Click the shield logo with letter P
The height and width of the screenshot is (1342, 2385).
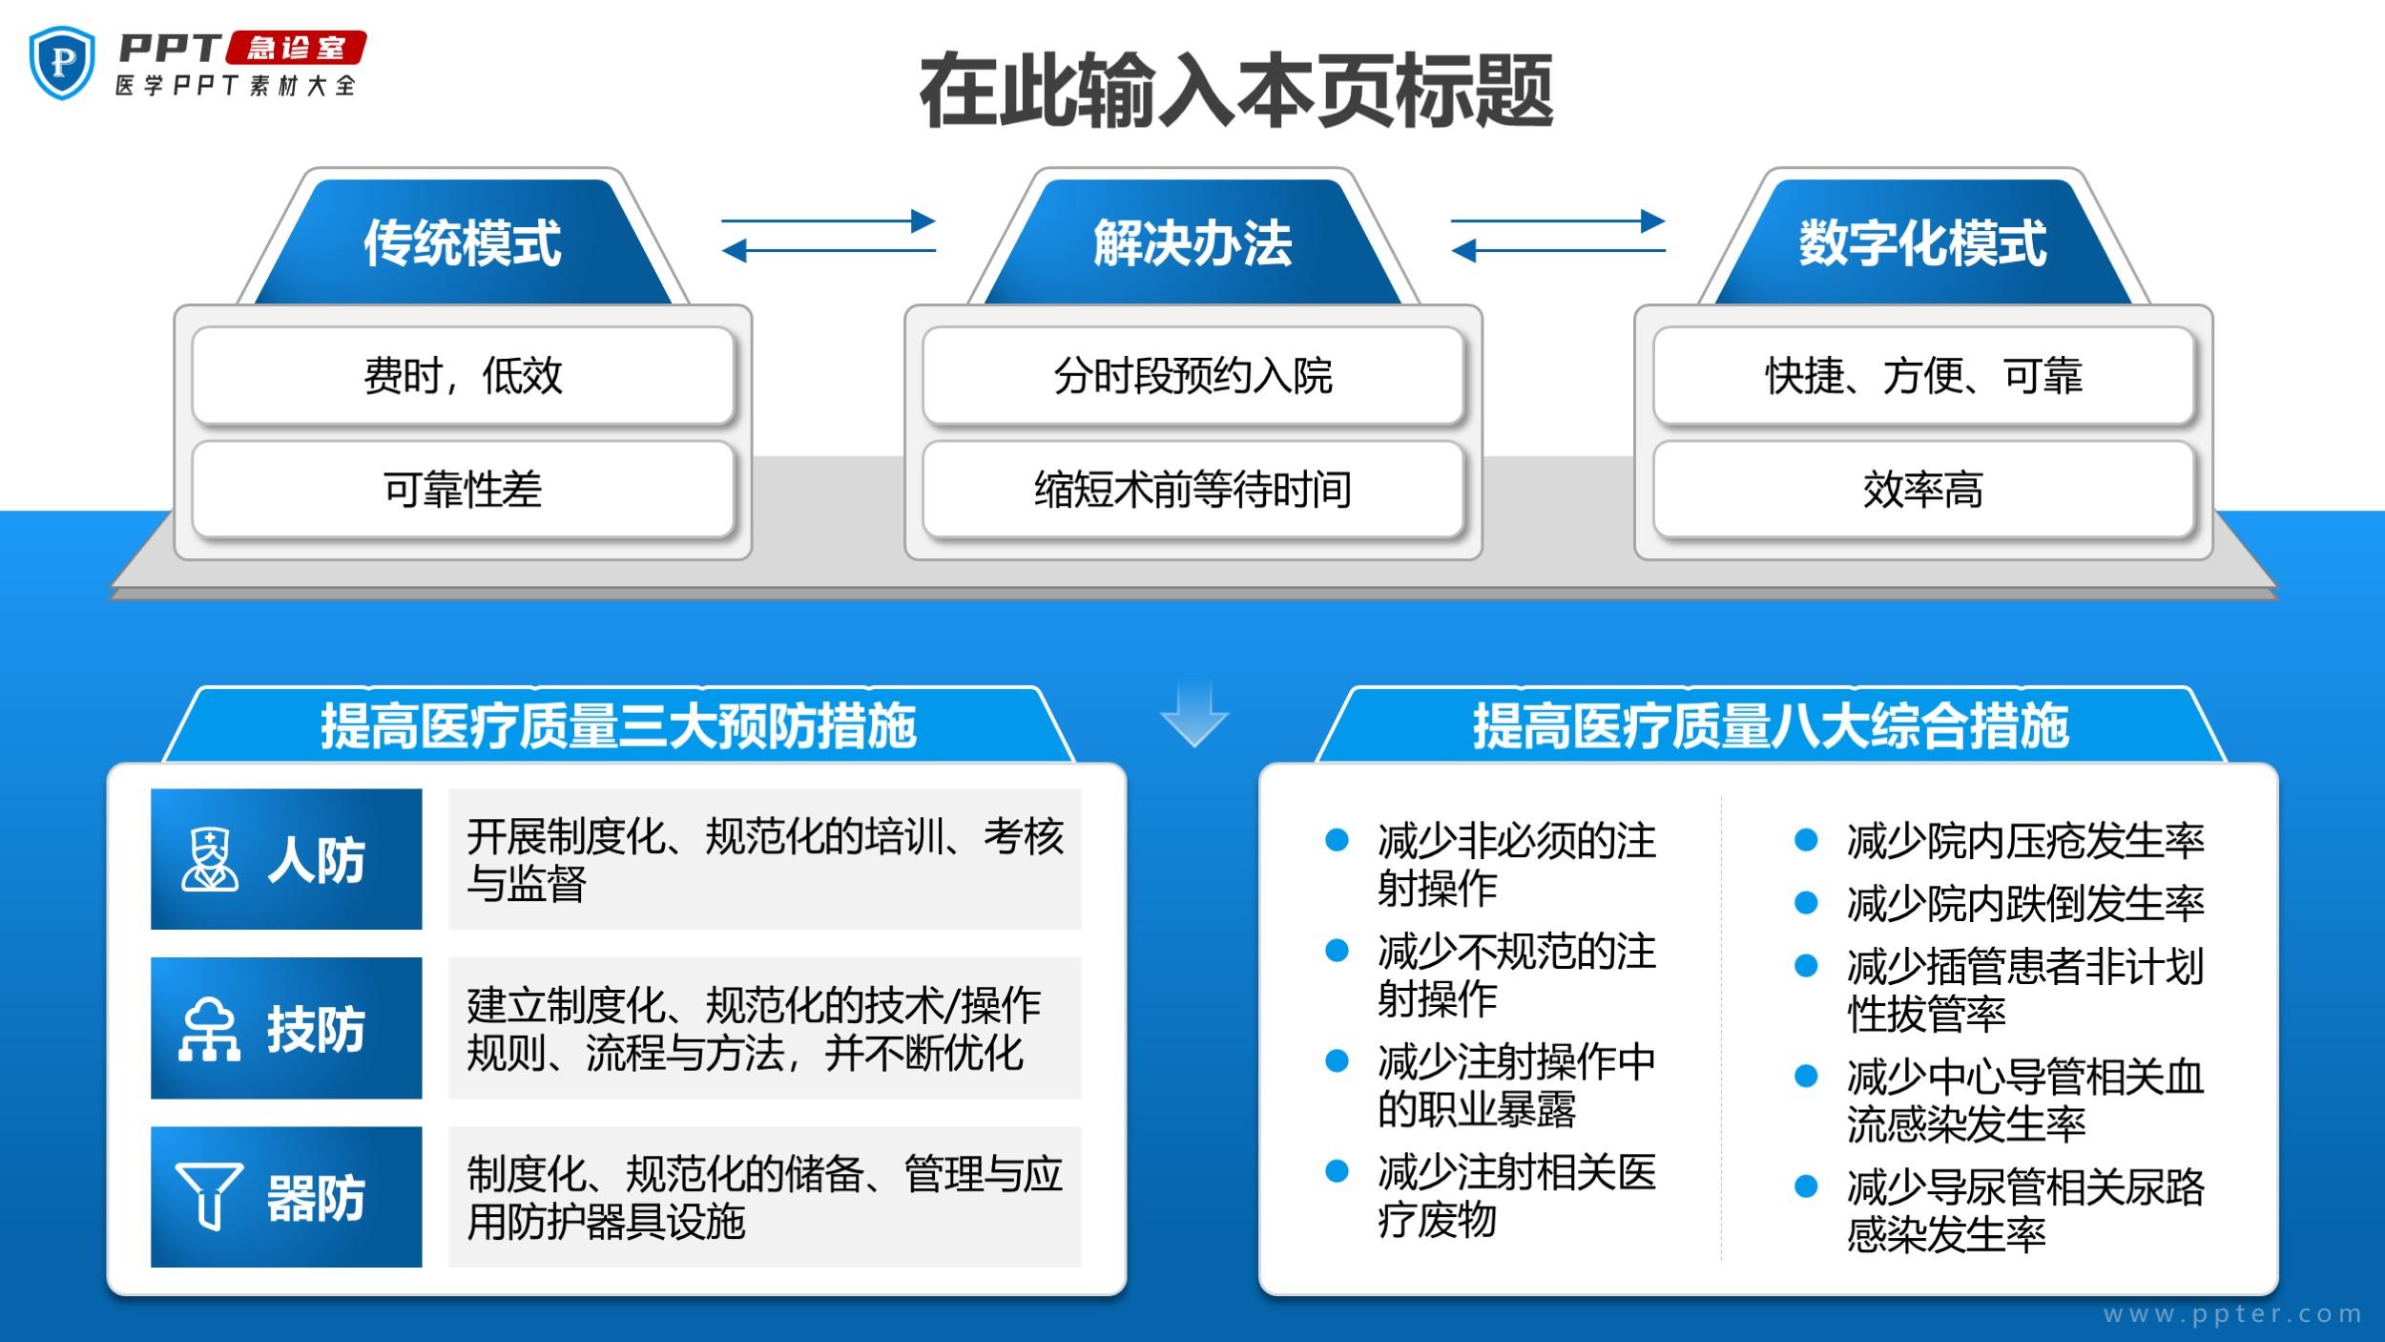point(63,63)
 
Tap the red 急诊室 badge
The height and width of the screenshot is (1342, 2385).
point(296,48)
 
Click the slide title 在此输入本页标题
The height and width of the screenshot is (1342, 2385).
point(1236,92)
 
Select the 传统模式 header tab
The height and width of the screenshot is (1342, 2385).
point(463,242)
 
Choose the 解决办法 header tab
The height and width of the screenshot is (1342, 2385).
point(1192,242)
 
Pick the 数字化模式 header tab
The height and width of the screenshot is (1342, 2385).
point(1922,242)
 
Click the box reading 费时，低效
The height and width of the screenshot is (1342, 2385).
point(463,375)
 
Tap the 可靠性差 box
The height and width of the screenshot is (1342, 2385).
point(463,490)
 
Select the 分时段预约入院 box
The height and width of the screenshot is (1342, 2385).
point(1192,375)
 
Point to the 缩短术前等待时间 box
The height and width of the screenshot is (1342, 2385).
point(1192,490)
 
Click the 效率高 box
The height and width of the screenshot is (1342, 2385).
point(1922,490)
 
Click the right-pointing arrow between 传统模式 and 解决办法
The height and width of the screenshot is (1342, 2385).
point(828,221)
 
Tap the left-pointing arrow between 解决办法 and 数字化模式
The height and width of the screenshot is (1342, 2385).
point(1558,251)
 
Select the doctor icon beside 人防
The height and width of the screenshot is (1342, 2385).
point(210,860)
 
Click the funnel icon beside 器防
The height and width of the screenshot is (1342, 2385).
point(209,1196)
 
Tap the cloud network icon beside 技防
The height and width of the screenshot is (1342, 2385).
point(209,1029)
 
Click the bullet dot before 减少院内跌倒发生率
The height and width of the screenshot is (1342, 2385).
point(1806,903)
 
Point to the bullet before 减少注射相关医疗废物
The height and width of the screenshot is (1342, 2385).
point(1338,1171)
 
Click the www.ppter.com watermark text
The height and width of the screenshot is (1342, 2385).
point(2232,1314)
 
